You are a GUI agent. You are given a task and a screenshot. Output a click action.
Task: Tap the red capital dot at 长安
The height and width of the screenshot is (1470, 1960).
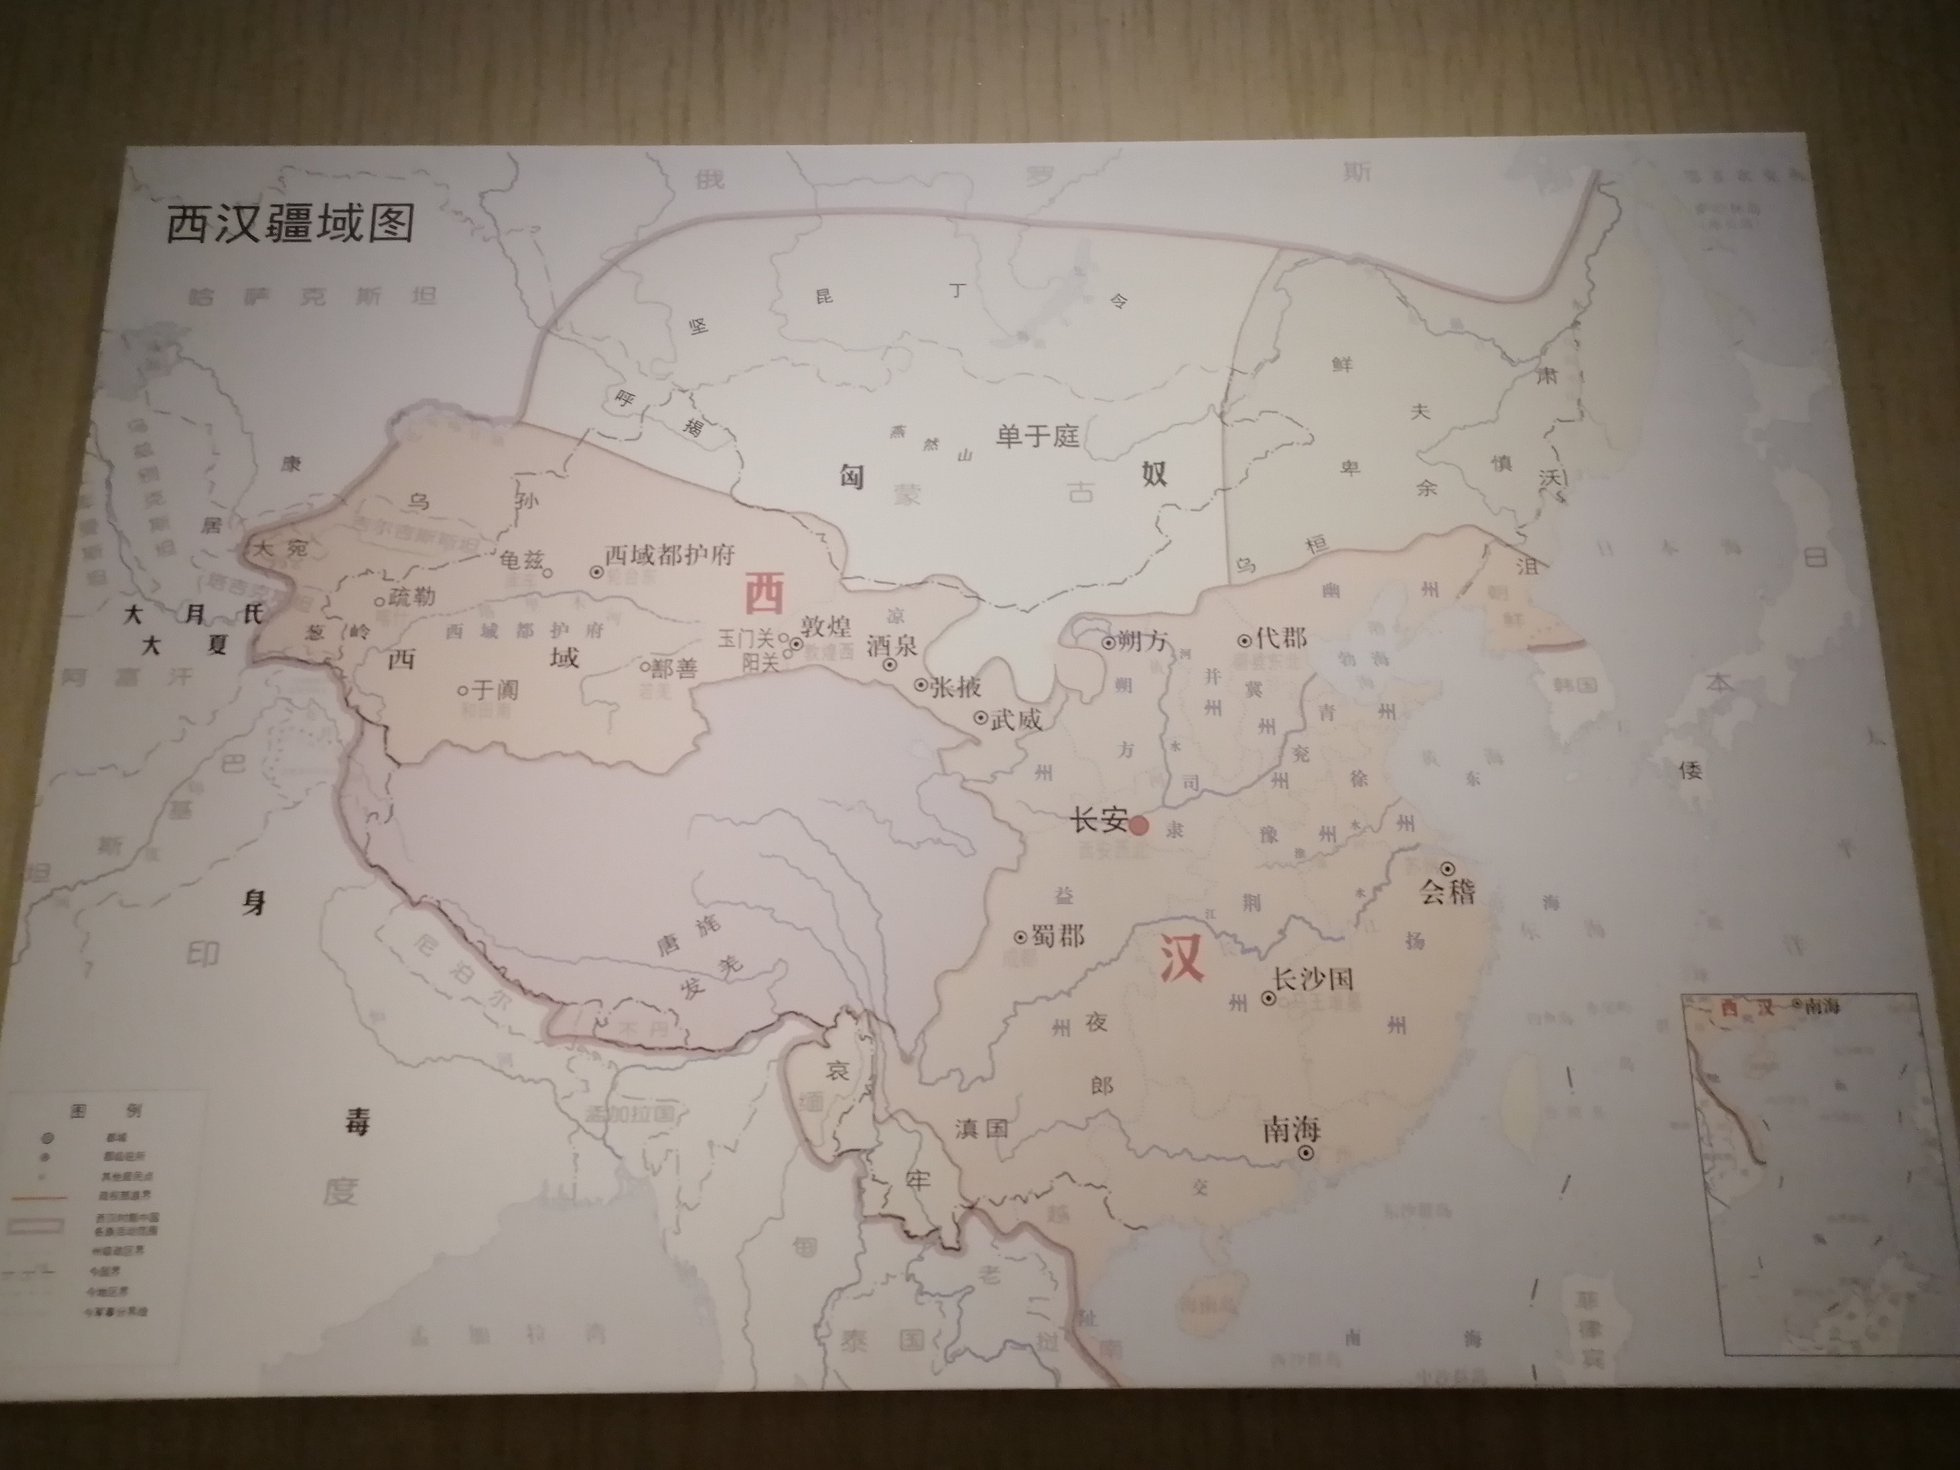click(x=1139, y=826)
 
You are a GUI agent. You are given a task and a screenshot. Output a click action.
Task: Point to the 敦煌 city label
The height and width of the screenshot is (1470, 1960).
click(x=826, y=626)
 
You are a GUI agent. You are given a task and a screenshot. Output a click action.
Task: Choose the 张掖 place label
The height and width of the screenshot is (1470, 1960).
click(x=955, y=686)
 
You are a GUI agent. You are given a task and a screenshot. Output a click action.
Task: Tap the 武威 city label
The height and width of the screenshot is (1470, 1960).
click(x=1015, y=719)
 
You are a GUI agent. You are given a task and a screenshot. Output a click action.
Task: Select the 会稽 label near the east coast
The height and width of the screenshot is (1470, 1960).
click(x=1448, y=890)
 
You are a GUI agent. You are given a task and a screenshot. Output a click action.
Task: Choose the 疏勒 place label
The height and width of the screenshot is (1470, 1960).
click(x=412, y=596)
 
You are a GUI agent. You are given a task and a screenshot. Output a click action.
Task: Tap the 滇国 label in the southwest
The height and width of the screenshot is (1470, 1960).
click(x=981, y=1128)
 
